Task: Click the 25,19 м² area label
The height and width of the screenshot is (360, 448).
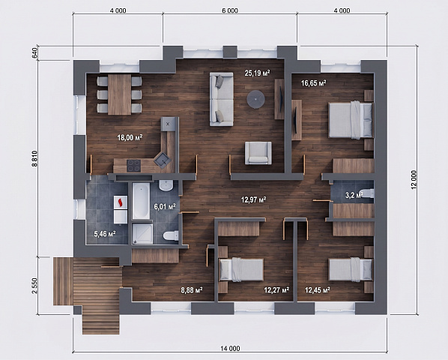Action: point(257,73)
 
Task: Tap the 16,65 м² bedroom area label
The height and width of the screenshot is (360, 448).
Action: point(314,83)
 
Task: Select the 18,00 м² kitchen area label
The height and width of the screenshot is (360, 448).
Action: point(130,137)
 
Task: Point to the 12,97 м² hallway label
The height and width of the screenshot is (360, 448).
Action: point(254,199)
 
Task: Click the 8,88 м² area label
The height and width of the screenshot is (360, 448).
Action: point(192,290)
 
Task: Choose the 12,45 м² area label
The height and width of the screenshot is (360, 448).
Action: point(318,290)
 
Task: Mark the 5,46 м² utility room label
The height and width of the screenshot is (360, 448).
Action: point(105,234)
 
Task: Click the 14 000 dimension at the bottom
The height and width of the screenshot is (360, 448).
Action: point(230,348)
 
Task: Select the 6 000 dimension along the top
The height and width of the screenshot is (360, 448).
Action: point(229,10)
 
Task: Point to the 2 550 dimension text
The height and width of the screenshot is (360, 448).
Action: point(34,286)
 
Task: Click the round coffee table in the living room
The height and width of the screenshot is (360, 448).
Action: point(256,99)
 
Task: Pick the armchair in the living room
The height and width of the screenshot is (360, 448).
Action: point(258,153)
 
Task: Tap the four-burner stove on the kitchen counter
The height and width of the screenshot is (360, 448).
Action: point(133,165)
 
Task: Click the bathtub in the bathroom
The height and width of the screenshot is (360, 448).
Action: point(141,201)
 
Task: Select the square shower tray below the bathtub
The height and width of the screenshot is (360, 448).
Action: point(142,233)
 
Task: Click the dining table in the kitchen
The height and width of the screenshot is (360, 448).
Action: point(119,94)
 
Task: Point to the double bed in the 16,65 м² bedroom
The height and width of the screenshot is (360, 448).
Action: point(351,120)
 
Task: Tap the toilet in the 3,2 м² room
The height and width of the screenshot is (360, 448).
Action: point(367,193)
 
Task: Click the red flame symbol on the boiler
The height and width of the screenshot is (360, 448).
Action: point(121,202)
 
